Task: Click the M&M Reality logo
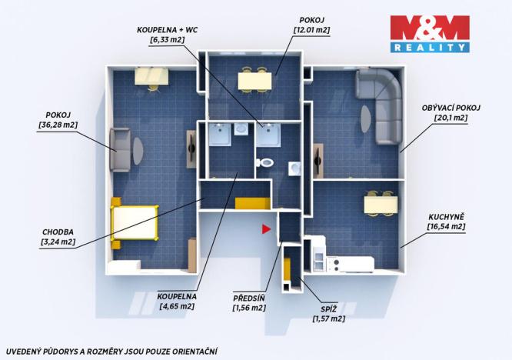pyautogui.click(x=429, y=33)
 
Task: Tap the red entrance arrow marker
pyautogui.click(x=266, y=228)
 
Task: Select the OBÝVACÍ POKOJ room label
pyautogui.click(x=452, y=108)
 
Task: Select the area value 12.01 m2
pyautogui.click(x=311, y=30)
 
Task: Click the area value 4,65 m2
pyautogui.click(x=177, y=306)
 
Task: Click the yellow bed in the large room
pyautogui.click(x=135, y=222)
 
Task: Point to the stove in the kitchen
pyautogui.click(x=334, y=263)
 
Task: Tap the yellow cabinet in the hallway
pyautogui.click(x=252, y=203)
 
